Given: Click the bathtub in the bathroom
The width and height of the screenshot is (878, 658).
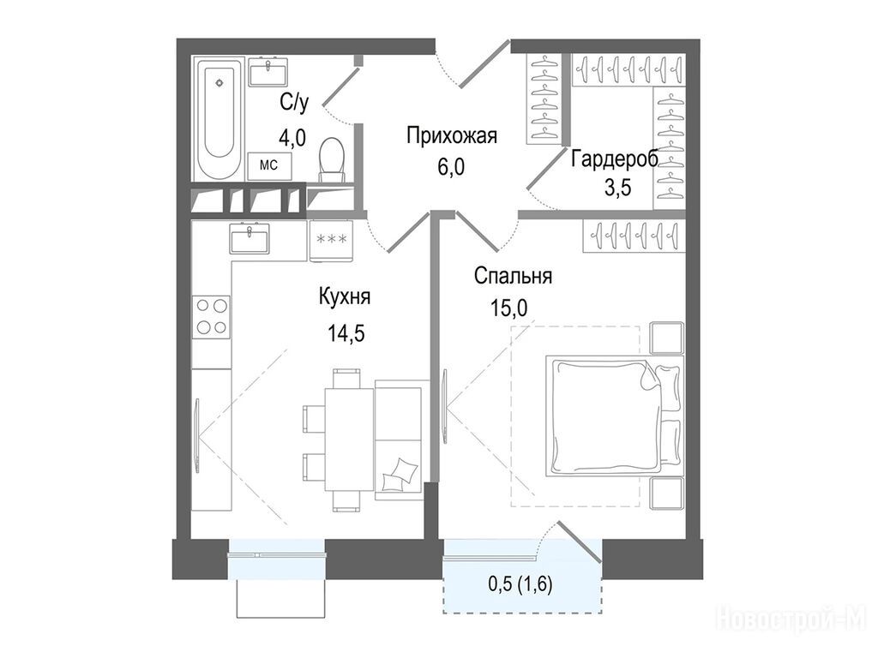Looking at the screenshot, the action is coord(219,117).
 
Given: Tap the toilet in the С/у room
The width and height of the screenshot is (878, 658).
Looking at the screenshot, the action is coord(331,159).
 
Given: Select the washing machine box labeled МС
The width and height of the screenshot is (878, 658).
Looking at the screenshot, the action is coord(270,165).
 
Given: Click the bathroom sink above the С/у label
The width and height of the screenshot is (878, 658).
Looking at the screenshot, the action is coord(268,72).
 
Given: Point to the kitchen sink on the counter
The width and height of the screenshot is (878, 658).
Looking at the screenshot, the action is coord(250,238).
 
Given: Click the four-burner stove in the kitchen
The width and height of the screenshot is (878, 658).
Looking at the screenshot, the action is coord(211,317).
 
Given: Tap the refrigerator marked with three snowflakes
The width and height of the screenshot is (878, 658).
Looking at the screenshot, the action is coord(332,240).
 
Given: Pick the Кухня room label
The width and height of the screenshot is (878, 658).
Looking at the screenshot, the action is coord(345,296).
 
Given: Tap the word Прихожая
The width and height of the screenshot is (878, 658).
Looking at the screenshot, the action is coord(452,135).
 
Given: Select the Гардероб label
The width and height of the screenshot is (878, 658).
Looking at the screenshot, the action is coord(615,160).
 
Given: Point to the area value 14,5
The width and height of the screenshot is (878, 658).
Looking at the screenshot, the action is coord(346,333).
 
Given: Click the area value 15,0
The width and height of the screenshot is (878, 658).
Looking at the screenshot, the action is coord(509,308).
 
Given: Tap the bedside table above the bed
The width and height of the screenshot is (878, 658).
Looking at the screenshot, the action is coord(667,338).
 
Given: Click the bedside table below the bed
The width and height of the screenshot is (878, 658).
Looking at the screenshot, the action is coord(667,493).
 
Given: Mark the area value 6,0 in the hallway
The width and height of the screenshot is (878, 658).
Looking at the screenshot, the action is coord(451,167).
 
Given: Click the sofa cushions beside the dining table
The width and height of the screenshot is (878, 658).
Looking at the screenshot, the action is coord(400,475).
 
